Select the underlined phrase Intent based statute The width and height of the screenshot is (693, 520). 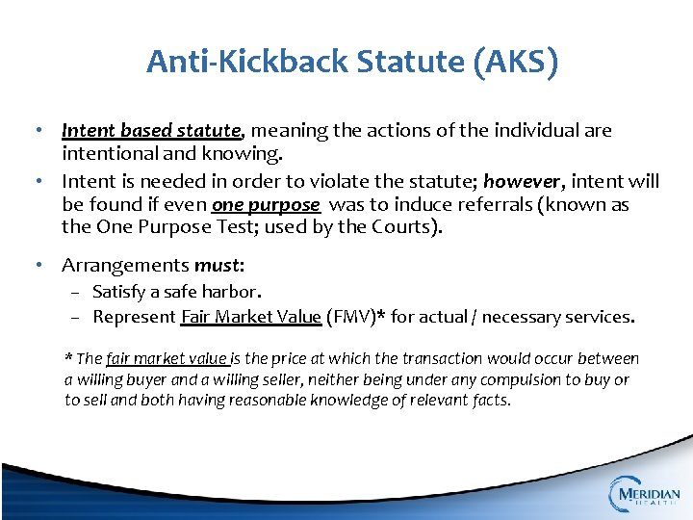(151, 130)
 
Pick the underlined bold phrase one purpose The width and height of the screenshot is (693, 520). (265, 204)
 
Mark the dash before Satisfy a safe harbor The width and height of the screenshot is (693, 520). (80, 291)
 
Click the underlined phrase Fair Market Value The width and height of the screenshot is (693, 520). (250, 316)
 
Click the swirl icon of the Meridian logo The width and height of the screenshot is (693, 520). (623, 494)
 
